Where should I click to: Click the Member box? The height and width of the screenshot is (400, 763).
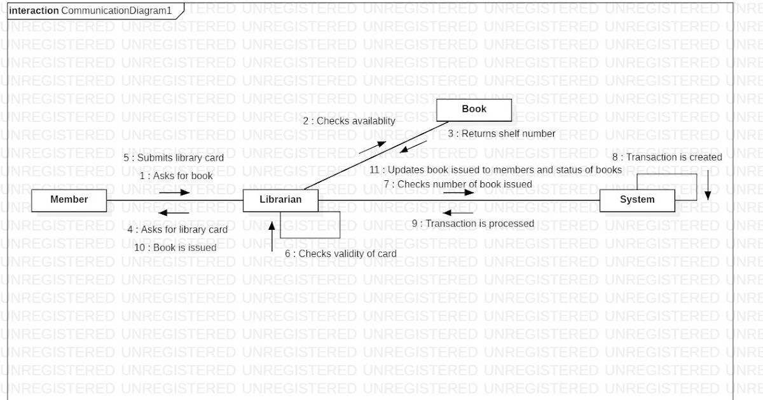click(69, 199)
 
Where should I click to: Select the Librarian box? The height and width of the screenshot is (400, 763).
click(280, 199)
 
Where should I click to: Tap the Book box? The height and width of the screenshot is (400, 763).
click(474, 109)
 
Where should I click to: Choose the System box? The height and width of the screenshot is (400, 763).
click(636, 199)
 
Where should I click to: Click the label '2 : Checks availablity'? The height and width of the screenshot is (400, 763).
click(348, 121)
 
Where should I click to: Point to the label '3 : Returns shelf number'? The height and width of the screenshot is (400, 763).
click(501, 133)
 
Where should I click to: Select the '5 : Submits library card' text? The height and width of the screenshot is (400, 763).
click(174, 157)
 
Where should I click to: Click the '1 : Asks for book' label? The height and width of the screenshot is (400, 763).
click(176, 176)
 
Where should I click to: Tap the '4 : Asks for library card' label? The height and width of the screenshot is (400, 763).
click(177, 229)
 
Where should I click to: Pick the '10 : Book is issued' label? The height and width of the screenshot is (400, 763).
click(175, 248)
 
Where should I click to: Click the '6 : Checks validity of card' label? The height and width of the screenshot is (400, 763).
click(340, 253)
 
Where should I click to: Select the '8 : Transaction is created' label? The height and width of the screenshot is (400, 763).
click(667, 157)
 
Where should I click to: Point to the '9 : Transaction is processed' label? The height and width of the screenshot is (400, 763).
click(472, 223)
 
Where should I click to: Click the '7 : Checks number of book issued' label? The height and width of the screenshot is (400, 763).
click(457, 183)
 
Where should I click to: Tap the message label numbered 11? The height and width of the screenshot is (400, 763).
click(495, 170)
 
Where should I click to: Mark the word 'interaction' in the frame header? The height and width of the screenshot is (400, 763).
click(34, 11)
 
